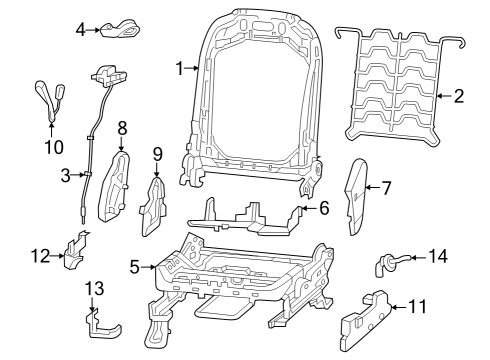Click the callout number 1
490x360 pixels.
180,68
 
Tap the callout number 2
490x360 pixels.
460,97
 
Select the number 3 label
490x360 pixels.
64,176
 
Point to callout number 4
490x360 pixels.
80,30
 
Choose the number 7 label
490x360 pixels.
386,186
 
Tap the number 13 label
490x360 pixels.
93,288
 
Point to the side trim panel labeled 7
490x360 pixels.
357,194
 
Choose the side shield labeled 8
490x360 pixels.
118,184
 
